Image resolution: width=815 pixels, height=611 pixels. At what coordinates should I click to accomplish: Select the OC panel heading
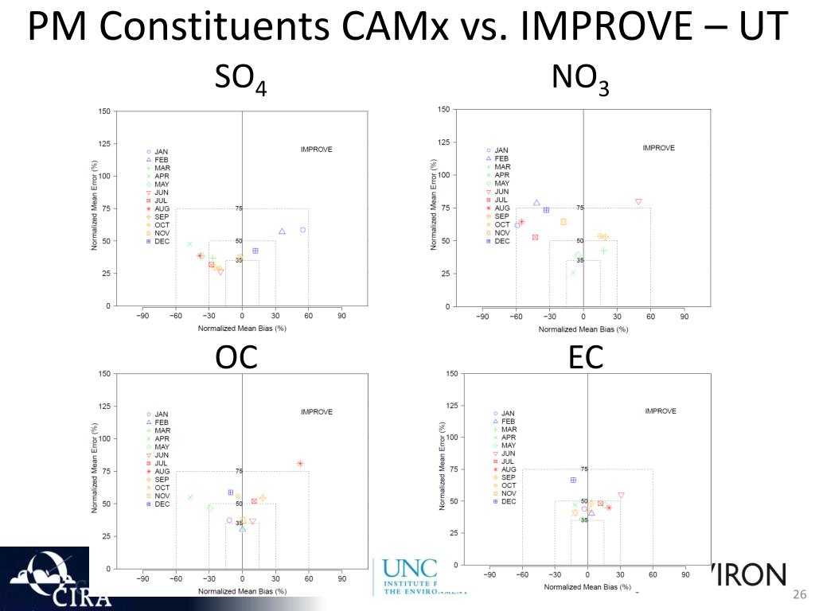[236, 357]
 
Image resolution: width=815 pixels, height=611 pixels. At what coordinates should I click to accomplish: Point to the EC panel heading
[586, 357]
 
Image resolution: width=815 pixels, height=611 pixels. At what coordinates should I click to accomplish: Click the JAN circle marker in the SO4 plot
[302, 230]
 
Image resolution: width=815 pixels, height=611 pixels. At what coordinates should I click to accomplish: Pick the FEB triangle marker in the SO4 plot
[282, 232]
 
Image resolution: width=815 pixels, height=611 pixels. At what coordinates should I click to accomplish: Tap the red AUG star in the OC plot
[300, 464]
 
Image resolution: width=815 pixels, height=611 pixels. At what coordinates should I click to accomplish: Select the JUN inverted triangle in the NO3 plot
[638, 202]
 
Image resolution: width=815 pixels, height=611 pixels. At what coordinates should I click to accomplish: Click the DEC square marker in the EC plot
[573, 481]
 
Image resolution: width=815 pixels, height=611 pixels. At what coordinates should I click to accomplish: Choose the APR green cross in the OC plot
[190, 497]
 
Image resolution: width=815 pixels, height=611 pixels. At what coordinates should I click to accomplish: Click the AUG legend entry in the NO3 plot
[501, 208]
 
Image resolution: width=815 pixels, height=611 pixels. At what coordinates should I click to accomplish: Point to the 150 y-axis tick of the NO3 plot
[443, 109]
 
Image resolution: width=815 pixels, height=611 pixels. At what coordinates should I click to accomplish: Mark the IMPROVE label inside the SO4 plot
[316, 150]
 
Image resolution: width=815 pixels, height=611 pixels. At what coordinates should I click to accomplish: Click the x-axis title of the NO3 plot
[583, 329]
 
